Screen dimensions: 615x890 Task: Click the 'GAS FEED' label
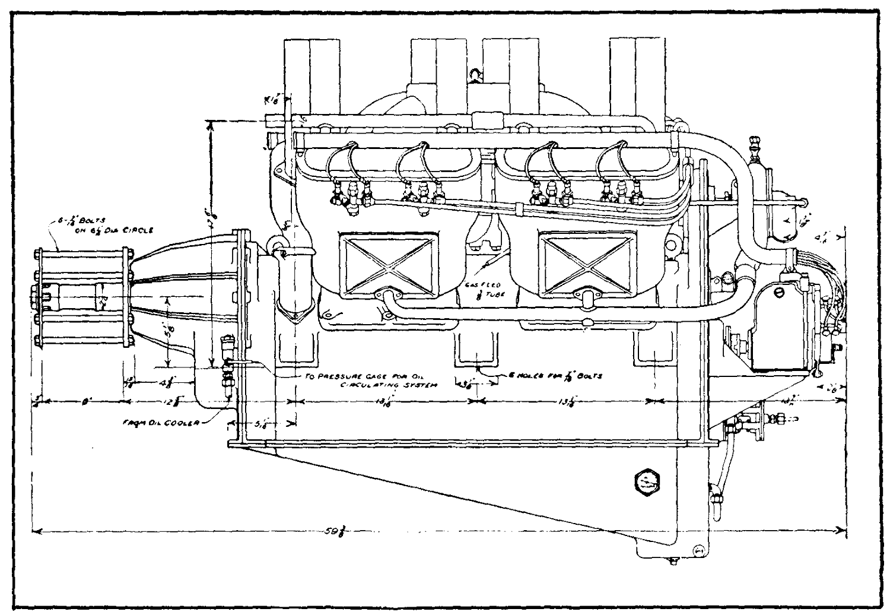click(486, 285)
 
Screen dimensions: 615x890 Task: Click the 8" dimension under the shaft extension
click(85, 401)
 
